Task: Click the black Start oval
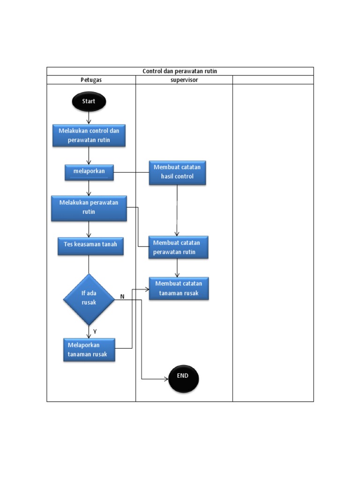pyautogui.click(x=89, y=102)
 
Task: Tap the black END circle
pyautogui.click(x=183, y=378)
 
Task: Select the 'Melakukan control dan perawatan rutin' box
pyautogui.click(x=89, y=135)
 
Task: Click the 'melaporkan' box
pyautogui.click(x=89, y=172)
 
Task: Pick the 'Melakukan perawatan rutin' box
pyautogui.click(x=89, y=208)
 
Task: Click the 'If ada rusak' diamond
pyautogui.click(x=89, y=299)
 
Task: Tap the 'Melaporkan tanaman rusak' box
pyautogui.click(x=89, y=350)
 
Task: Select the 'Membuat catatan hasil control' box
pyautogui.click(x=177, y=172)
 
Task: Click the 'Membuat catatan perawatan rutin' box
pyautogui.click(x=178, y=247)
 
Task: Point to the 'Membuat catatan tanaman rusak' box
pyautogui.click(x=179, y=288)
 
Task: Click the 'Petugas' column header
pyautogui.click(x=91, y=80)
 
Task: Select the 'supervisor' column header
pyautogui.click(x=184, y=80)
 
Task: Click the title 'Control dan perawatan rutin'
pyautogui.click(x=180, y=71)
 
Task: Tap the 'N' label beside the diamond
pyautogui.click(x=122, y=297)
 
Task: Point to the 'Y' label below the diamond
pyautogui.click(x=95, y=331)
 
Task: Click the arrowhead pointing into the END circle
pyautogui.click(x=165, y=378)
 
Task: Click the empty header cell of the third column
pyautogui.click(x=273, y=80)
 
